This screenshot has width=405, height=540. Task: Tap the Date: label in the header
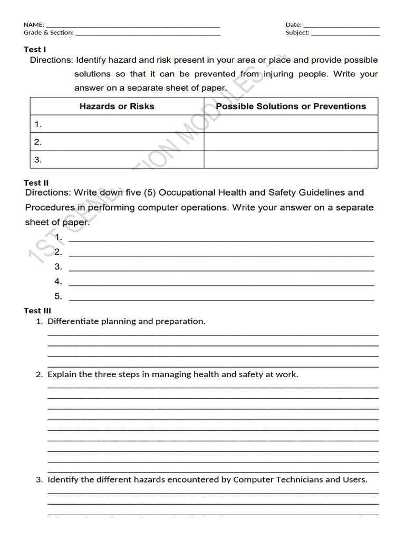pyautogui.click(x=294, y=25)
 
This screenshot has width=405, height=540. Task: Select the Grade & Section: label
pyautogui.click(x=49, y=33)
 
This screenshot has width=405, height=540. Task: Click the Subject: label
pyautogui.click(x=297, y=33)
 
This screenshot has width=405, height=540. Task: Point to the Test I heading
pyautogui.click(x=35, y=50)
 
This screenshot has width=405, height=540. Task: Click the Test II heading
pyautogui.click(x=36, y=183)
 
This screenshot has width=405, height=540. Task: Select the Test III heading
pyautogui.click(x=37, y=311)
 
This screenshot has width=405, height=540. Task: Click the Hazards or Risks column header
pyautogui.click(x=117, y=107)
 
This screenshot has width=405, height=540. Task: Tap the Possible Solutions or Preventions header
pyautogui.click(x=291, y=107)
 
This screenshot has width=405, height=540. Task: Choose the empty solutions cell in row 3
pyautogui.click(x=291, y=159)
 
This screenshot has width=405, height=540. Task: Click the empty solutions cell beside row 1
pyautogui.click(x=291, y=124)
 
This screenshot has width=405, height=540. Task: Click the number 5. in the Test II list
pyautogui.click(x=58, y=296)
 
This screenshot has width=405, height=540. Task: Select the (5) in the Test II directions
pyautogui.click(x=151, y=193)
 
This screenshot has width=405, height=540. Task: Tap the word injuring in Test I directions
pyautogui.click(x=279, y=74)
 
